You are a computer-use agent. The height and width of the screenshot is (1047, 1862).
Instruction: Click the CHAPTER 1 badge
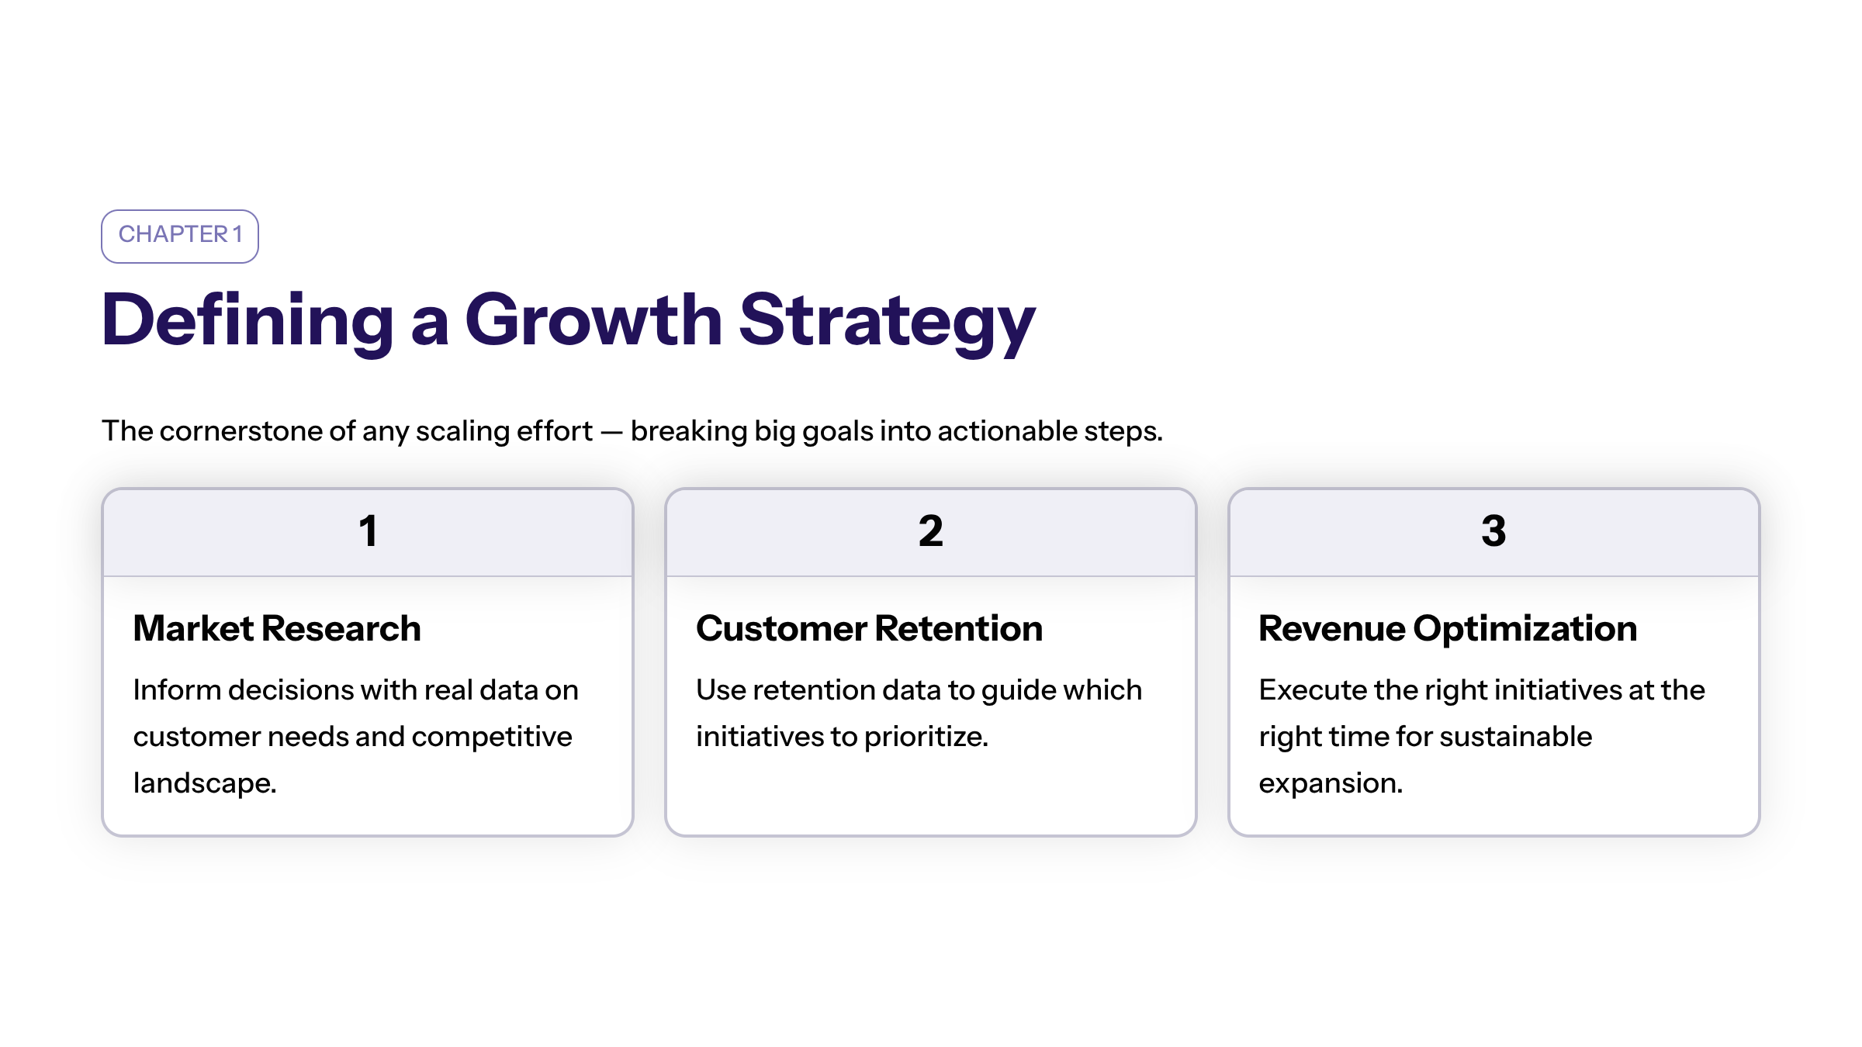[x=180, y=236]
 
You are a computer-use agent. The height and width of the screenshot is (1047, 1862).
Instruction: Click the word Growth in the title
[x=594, y=320]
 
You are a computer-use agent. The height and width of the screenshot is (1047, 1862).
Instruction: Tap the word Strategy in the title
[x=887, y=323]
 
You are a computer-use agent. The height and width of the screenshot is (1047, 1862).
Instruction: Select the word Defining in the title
[x=247, y=323]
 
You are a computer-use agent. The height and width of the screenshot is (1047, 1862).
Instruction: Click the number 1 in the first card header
[x=369, y=531]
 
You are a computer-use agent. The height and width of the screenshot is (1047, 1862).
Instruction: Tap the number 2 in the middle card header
[x=931, y=531]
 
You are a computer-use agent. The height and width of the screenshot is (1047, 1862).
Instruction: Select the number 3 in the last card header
[x=1493, y=531]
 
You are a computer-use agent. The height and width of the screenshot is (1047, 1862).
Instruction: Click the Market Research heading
[x=277, y=628]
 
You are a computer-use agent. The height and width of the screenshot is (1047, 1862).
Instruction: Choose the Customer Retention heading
[x=869, y=628]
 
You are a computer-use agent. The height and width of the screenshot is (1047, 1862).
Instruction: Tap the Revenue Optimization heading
[x=1448, y=629]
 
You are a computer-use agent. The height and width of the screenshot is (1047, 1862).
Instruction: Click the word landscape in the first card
[x=205, y=783]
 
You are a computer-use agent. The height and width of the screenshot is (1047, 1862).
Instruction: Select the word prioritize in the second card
[x=926, y=737]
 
